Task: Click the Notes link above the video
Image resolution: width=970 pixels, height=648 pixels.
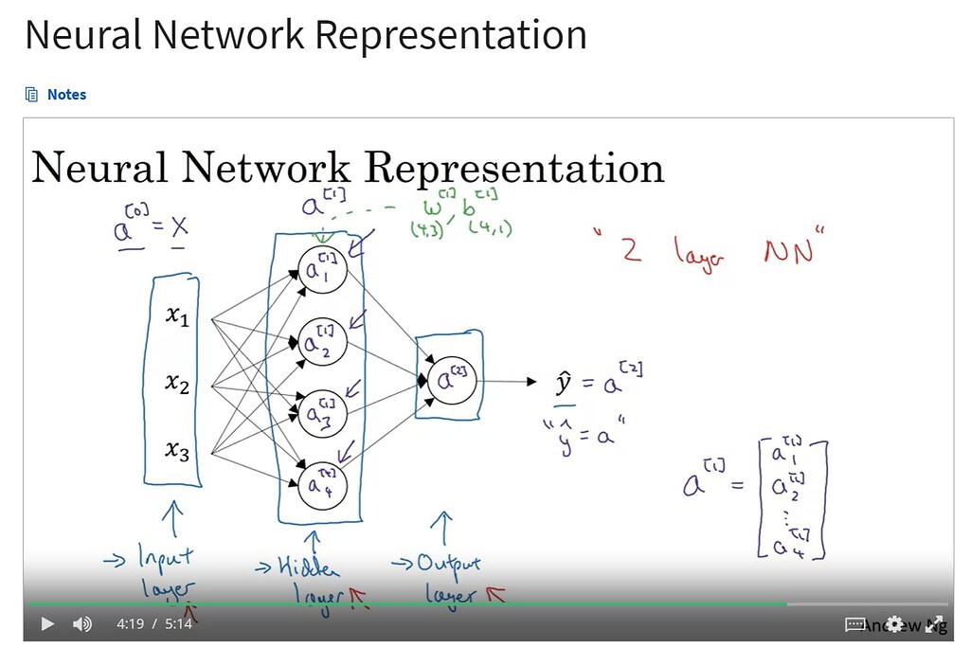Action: (65, 95)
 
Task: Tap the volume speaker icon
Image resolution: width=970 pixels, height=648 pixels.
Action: (82, 623)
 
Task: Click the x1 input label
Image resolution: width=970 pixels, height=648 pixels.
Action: (177, 318)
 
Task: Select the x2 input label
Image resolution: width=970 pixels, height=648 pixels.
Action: (177, 384)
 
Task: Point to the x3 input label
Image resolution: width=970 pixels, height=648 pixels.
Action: (177, 452)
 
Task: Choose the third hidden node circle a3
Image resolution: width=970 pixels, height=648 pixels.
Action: (321, 413)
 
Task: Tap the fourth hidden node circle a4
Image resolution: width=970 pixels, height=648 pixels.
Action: (321, 486)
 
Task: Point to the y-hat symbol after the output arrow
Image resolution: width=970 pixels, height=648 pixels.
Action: (564, 385)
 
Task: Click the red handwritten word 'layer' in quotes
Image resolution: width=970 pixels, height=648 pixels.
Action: (700, 251)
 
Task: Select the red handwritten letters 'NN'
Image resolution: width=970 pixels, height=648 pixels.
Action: (787, 251)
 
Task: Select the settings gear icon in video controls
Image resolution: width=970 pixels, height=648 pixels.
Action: (894, 624)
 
